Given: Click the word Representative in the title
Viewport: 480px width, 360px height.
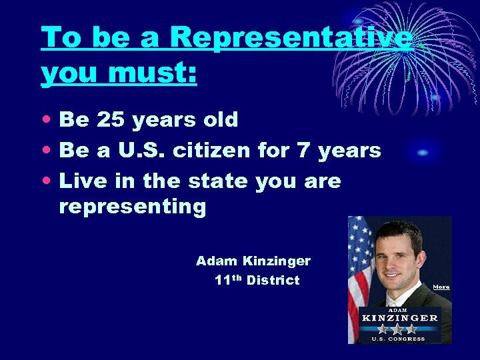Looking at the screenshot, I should pyautogui.click(x=291, y=37).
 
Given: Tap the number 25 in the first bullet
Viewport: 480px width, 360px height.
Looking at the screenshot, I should pyautogui.click(x=115, y=120).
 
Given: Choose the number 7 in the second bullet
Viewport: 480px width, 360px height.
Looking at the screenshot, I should pyautogui.click(x=303, y=151).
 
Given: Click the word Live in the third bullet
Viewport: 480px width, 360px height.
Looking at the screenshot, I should pyautogui.click(x=81, y=181).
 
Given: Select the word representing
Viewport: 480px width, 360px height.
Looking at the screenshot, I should pyautogui.click(x=133, y=207).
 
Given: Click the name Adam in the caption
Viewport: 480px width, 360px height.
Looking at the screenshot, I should pyautogui.click(x=216, y=261).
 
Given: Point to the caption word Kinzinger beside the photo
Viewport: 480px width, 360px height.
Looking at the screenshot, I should pyautogui.click(x=276, y=261).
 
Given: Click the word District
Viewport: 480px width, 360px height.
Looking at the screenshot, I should pyautogui.click(x=273, y=281).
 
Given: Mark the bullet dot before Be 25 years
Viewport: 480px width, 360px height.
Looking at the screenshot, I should pyautogui.click(x=47, y=121).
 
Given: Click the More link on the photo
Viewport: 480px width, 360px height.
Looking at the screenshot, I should pyautogui.click(x=441, y=287).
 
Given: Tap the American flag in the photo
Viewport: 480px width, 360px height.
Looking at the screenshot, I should pyautogui.click(x=359, y=267).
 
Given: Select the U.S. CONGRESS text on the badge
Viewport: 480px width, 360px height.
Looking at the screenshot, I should pyautogui.click(x=399, y=339).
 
